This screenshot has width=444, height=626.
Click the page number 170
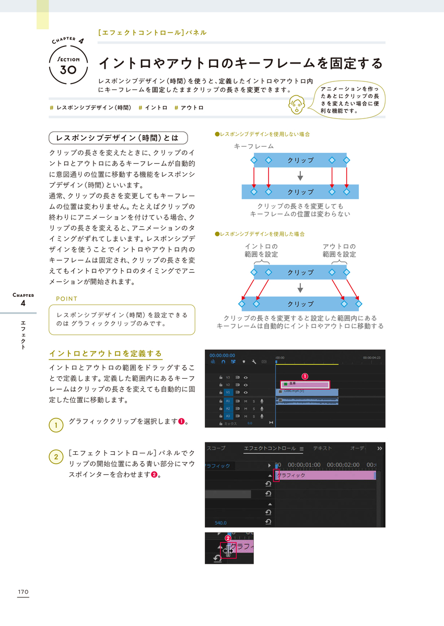point(22,592)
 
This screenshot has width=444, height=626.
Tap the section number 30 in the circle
point(68,69)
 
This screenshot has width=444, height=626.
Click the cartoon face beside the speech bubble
point(297,104)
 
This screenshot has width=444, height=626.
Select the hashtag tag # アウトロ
point(189,108)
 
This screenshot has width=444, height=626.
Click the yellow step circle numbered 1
point(56,425)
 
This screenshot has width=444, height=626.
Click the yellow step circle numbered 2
point(56,457)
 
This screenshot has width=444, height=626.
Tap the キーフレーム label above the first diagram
point(254,147)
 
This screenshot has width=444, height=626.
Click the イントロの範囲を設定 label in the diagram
point(261,250)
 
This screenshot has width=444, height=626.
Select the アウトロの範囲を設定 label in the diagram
point(339,250)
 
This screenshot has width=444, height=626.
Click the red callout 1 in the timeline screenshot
point(305,376)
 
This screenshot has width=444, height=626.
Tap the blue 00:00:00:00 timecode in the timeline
point(222,355)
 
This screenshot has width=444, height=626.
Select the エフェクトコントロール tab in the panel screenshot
point(270,448)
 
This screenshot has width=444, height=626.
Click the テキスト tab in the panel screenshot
point(322,448)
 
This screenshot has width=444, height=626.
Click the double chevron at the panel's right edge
point(380,448)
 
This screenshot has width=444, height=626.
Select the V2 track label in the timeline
point(228,384)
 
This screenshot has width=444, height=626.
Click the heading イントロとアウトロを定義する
point(106,354)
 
